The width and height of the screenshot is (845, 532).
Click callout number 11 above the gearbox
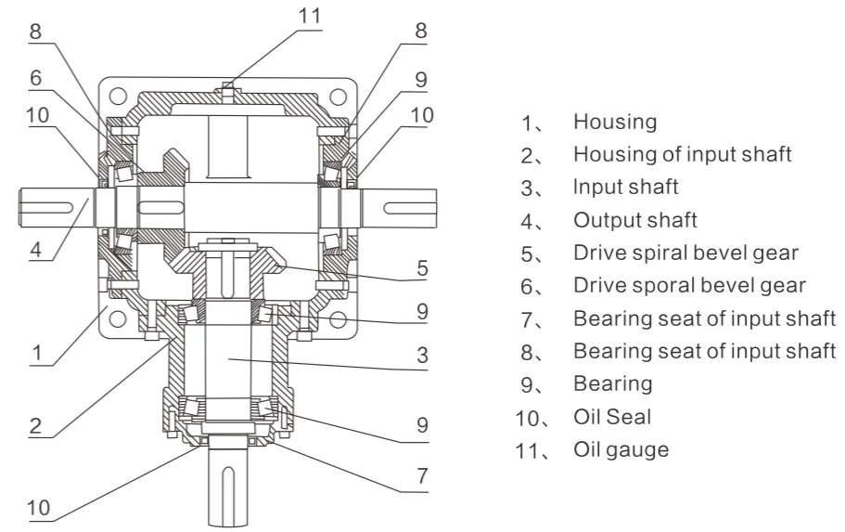(310, 16)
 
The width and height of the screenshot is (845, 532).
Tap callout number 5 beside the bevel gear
(423, 268)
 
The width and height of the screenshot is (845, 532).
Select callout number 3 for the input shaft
(423, 355)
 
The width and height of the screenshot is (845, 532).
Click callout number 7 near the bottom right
(423, 476)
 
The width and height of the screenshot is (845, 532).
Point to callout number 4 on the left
(35, 249)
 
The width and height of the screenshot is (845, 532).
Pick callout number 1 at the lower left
(37, 353)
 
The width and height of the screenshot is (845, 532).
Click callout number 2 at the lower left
(35, 426)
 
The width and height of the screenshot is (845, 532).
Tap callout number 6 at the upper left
(35, 78)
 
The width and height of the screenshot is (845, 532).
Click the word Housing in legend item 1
(615, 123)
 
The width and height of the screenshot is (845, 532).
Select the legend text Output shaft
(634, 220)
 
